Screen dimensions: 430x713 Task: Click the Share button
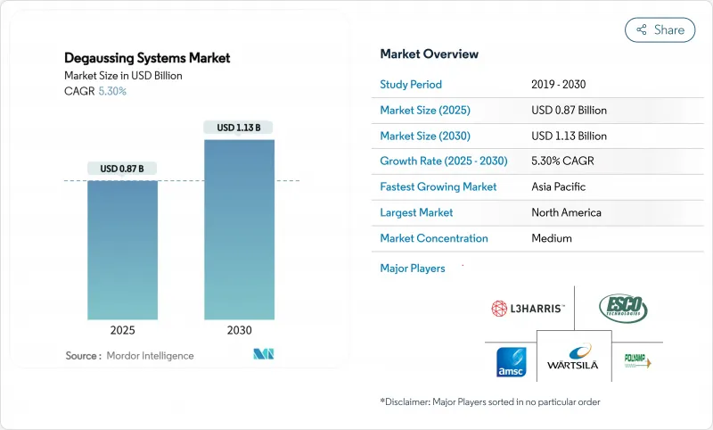660,29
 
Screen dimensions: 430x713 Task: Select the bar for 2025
122,250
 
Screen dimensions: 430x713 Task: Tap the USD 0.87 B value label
122,169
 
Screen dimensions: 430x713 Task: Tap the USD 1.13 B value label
238,128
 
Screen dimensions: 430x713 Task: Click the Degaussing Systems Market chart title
147,58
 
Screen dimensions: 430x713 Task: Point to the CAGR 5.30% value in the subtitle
111,91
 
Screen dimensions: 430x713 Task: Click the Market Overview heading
429,54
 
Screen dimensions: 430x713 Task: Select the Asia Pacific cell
558,187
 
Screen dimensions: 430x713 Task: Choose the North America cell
566,213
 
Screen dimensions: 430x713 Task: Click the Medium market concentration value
551,238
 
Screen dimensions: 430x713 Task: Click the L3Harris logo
529,309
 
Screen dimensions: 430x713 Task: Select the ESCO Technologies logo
623,309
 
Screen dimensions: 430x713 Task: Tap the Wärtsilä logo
574,359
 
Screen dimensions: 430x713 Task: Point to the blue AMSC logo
513,362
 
